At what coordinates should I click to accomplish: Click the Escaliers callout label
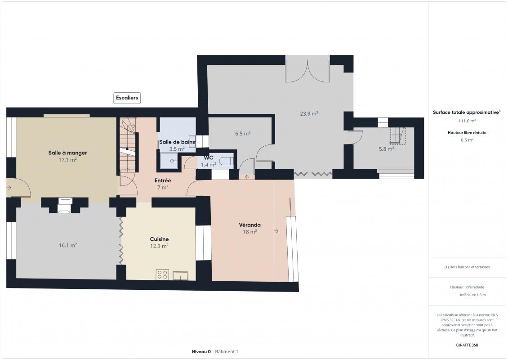click(x=127, y=98)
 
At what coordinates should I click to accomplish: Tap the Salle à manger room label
click(x=68, y=153)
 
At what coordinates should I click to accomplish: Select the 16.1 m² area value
click(x=68, y=246)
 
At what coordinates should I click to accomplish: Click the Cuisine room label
click(x=159, y=239)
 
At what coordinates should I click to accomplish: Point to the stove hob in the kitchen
click(x=162, y=274)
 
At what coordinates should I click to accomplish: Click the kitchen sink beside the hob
click(x=180, y=276)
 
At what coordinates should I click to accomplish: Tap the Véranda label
click(x=250, y=225)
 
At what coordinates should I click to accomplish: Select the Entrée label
click(x=163, y=180)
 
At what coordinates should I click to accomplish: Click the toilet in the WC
click(x=226, y=161)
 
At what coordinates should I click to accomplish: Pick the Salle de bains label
click(x=177, y=142)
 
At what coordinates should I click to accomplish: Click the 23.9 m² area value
click(x=309, y=113)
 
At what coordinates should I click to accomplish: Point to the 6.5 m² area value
click(x=243, y=133)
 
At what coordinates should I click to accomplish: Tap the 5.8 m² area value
click(x=387, y=149)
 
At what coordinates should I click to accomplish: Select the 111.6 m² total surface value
click(x=467, y=121)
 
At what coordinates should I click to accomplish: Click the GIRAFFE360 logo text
click(x=467, y=345)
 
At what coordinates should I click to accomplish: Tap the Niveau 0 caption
click(x=201, y=351)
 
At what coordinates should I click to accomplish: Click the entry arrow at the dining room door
click(x=9, y=188)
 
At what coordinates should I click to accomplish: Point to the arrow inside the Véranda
click(x=276, y=230)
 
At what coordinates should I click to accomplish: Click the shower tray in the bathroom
click(x=169, y=161)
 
